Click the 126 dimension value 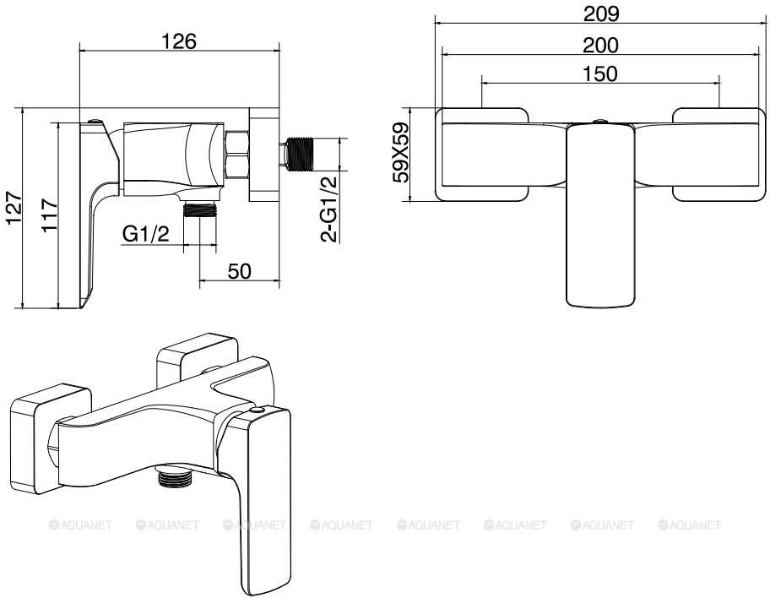pos(179,41)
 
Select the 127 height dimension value pos(14,208)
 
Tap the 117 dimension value pos(50,215)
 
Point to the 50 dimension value pos(240,271)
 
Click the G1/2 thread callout pos(145,233)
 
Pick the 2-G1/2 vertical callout pos(329,209)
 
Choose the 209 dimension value pos(601,14)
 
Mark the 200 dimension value pos(600,46)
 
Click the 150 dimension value pos(599,73)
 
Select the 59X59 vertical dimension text pos(401,152)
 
